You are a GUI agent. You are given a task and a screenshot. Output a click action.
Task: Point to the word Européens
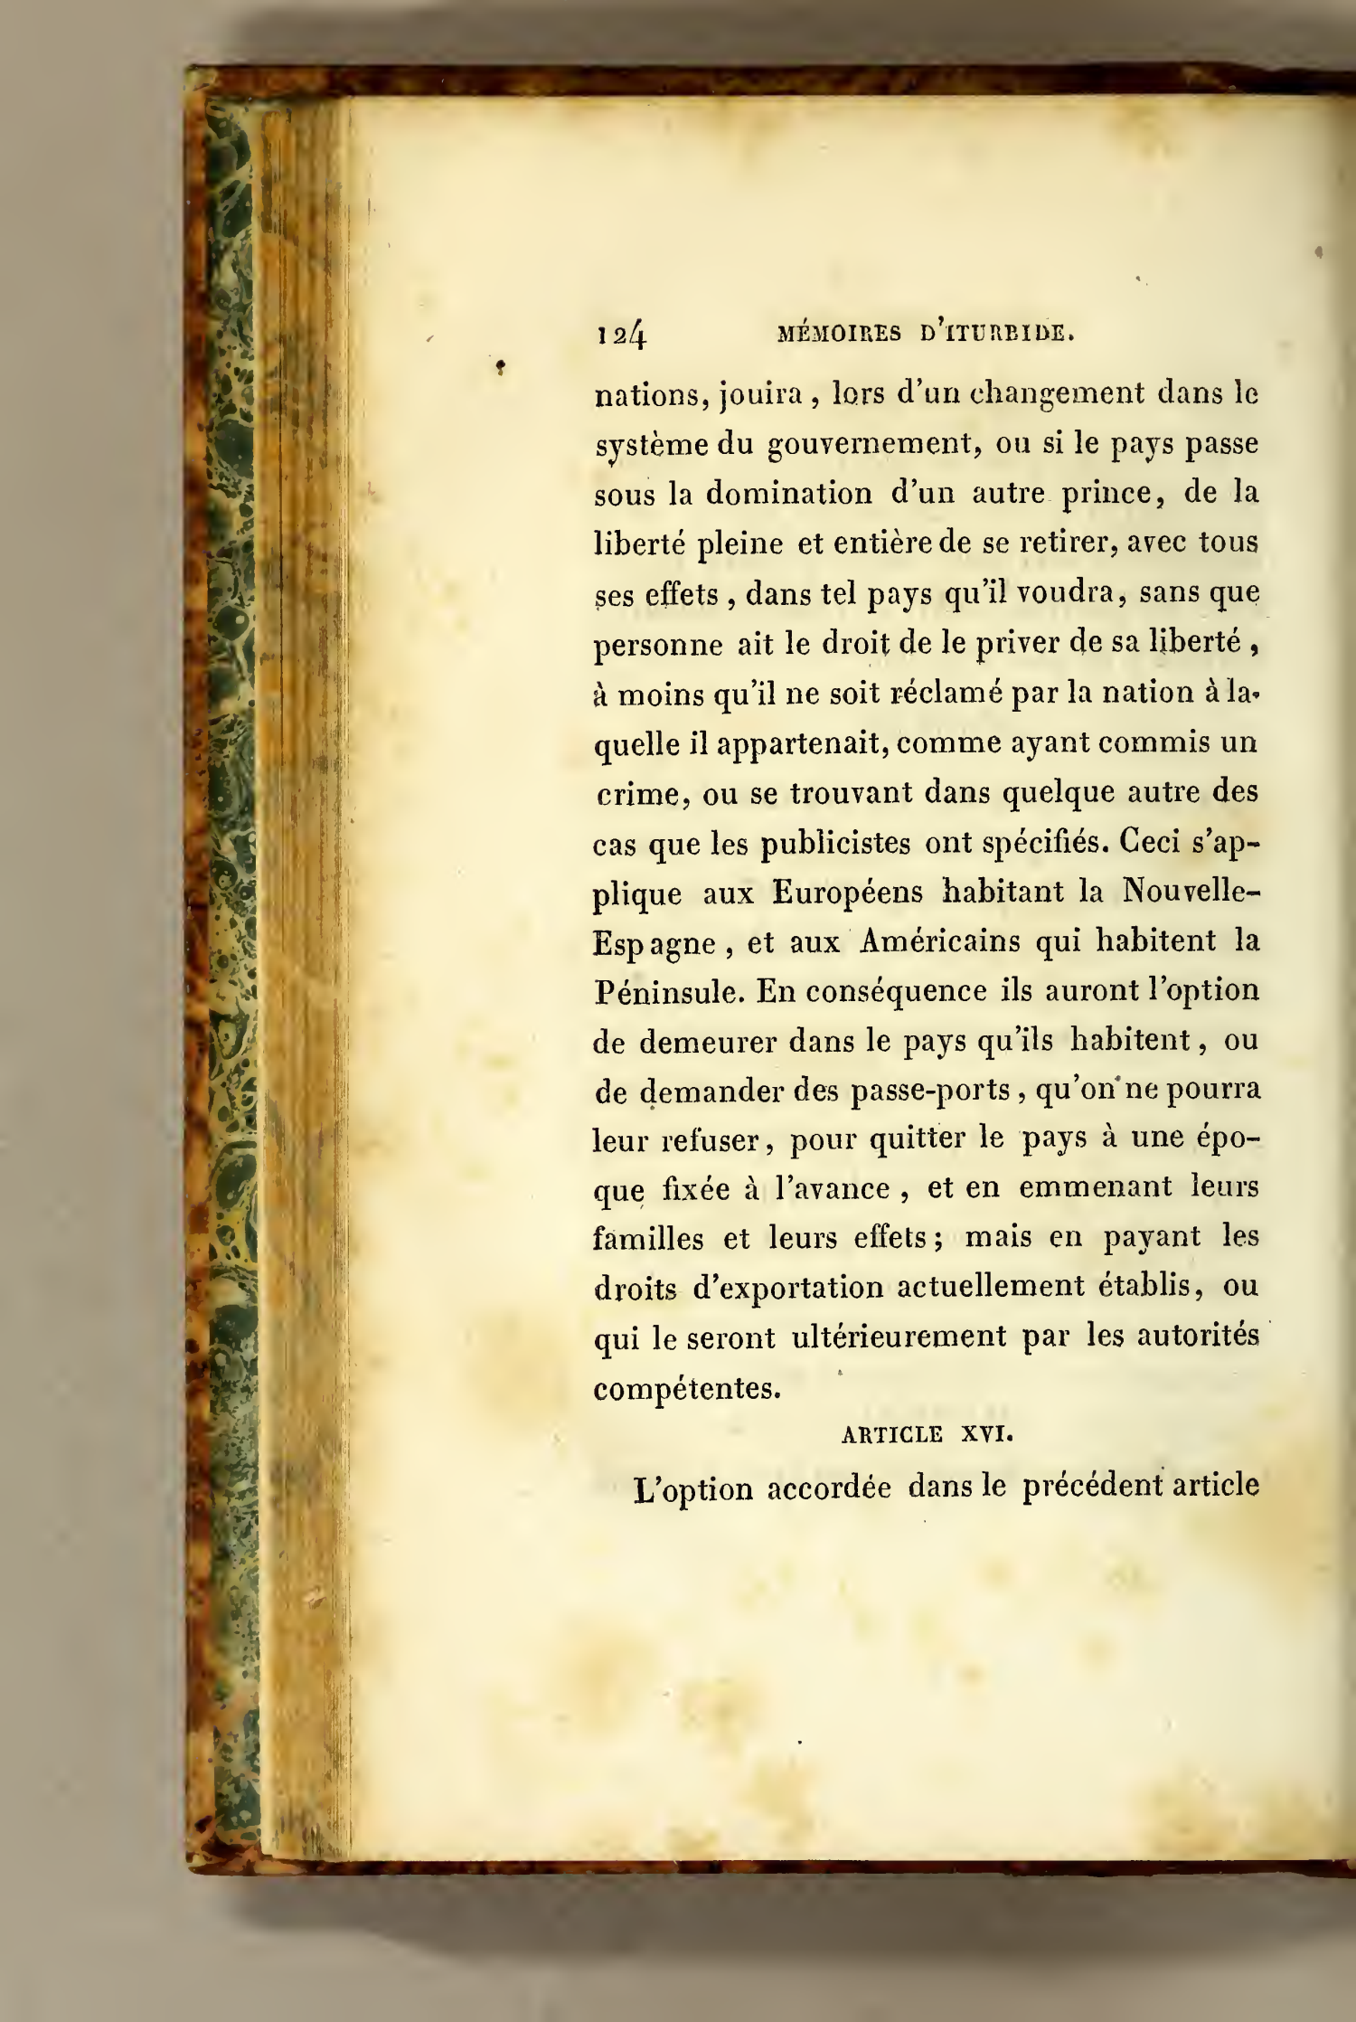coord(847,893)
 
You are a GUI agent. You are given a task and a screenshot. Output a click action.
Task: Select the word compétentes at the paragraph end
coord(687,1387)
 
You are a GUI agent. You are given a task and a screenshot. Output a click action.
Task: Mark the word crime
coord(636,793)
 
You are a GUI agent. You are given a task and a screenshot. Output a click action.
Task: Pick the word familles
coord(648,1238)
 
